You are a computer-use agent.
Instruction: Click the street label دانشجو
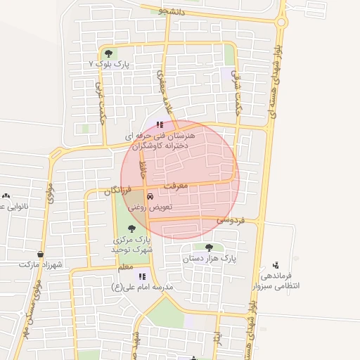point(172,11)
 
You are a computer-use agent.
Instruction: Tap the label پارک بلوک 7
point(112,63)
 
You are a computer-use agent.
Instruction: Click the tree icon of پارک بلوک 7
point(108,53)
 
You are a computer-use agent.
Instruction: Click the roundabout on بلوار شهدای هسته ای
point(281,22)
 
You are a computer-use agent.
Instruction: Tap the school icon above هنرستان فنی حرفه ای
point(169,124)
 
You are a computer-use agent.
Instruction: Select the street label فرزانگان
point(117,190)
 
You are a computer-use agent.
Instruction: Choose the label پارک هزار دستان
point(210,259)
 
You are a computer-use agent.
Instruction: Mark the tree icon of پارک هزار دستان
point(209,247)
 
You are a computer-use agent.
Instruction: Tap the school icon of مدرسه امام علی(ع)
point(141,277)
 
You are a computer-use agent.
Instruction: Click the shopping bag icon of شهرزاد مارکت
point(41,254)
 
